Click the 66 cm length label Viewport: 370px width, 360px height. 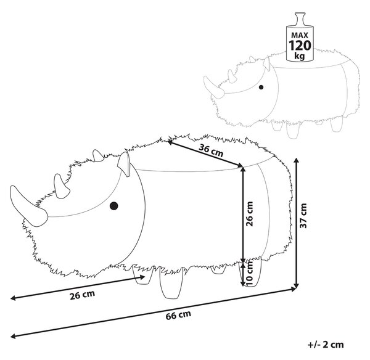(x=178, y=315)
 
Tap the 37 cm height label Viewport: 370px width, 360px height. (x=303, y=216)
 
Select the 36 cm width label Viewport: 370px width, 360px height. (x=211, y=150)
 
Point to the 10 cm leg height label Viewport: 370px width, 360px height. (x=249, y=273)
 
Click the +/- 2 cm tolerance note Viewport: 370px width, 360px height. (x=326, y=345)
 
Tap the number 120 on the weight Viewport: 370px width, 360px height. (x=300, y=46)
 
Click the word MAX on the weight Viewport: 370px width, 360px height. (x=300, y=35)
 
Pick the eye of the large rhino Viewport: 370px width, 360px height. (x=114, y=206)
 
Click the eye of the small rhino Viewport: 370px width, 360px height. (x=261, y=88)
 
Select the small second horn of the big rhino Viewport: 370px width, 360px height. (x=61, y=186)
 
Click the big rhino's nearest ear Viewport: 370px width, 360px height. (x=124, y=164)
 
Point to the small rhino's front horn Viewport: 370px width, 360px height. (x=213, y=87)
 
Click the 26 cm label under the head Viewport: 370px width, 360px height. (x=83, y=295)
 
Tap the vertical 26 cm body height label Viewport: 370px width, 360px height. (x=249, y=214)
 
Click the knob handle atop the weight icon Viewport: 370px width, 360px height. (x=300, y=19)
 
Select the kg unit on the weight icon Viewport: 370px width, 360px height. (x=300, y=56)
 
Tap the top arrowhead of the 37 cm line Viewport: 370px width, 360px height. (x=297, y=161)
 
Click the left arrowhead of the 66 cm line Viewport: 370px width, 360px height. (x=14, y=336)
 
